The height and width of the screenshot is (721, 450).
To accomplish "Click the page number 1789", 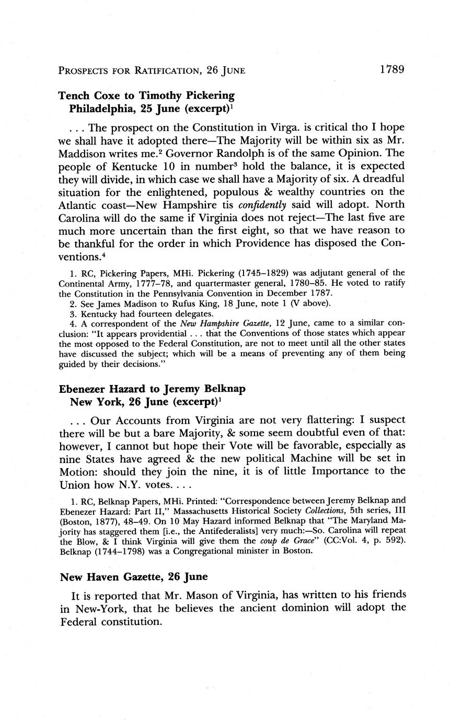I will click(x=392, y=69).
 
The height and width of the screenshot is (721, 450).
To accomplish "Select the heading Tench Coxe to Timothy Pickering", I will click(x=146, y=96).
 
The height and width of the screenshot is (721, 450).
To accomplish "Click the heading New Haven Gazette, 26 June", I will click(x=134, y=577).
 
